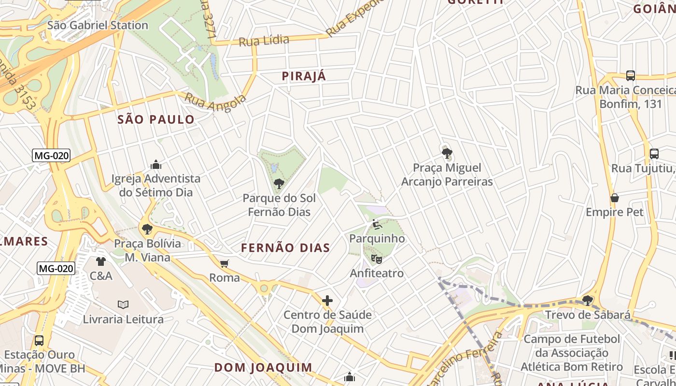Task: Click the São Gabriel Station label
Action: coord(98,25)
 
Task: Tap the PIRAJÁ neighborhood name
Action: coord(304,76)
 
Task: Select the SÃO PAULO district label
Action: coord(156,119)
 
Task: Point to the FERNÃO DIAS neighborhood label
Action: coord(285,248)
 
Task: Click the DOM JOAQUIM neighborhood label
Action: coord(264,367)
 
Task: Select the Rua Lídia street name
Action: coord(264,41)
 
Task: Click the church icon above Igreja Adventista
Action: coord(155,165)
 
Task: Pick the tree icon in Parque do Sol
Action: coord(279,183)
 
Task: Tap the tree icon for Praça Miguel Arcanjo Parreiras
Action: coord(447,153)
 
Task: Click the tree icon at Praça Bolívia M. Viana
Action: coord(147,229)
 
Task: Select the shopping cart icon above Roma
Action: coord(224,263)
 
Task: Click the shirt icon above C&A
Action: coord(100,262)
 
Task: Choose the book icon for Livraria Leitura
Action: coord(123,304)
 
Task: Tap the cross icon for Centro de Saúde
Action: coord(327,301)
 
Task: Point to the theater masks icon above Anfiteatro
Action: coord(377,259)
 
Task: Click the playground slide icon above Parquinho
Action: coord(377,224)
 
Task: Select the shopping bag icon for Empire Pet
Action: coord(615,198)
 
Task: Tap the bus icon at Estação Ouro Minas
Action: coord(39,340)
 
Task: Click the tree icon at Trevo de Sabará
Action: coord(588,300)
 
